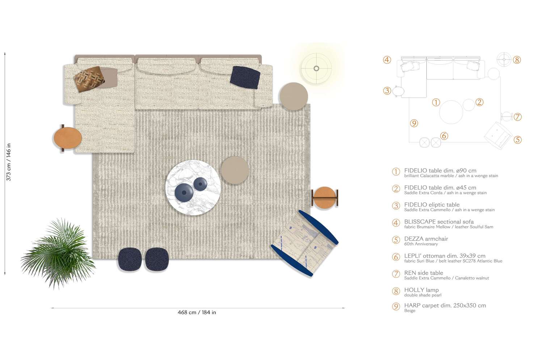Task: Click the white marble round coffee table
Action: [x=193, y=187]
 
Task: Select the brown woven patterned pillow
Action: [x=89, y=79]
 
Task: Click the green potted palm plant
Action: [x=58, y=253]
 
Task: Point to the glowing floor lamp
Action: [x=316, y=68]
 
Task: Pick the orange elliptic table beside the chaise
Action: [x=68, y=138]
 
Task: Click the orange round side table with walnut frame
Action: [x=325, y=198]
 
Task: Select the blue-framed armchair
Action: [x=305, y=243]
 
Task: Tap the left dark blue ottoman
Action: [x=130, y=259]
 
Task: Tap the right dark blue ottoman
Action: [x=157, y=259]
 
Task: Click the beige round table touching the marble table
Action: [x=235, y=170]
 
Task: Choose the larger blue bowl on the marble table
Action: [x=184, y=192]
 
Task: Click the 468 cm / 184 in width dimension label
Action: [x=197, y=313]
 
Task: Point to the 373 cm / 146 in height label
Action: [x=8, y=162]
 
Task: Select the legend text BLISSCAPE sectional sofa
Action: [x=439, y=222]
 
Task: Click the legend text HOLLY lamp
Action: [x=421, y=290]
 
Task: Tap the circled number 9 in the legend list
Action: [x=396, y=306]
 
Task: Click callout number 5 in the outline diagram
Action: [x=518, y=140]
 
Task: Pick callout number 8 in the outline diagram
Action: [x=517, y=60]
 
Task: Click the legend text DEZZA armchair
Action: [x=426, y=239]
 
